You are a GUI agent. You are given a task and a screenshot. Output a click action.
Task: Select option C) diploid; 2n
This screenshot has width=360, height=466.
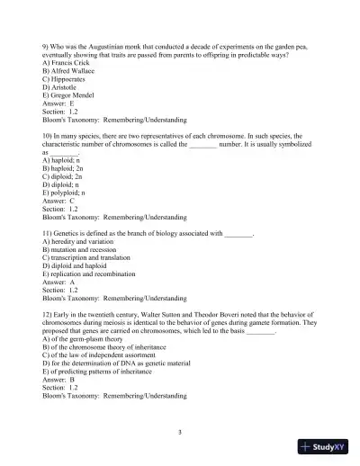click(63, 176)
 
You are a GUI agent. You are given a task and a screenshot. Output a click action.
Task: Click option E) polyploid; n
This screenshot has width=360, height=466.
click(65, 193)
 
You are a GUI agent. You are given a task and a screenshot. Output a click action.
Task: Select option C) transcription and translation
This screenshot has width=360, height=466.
click(93, 257)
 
